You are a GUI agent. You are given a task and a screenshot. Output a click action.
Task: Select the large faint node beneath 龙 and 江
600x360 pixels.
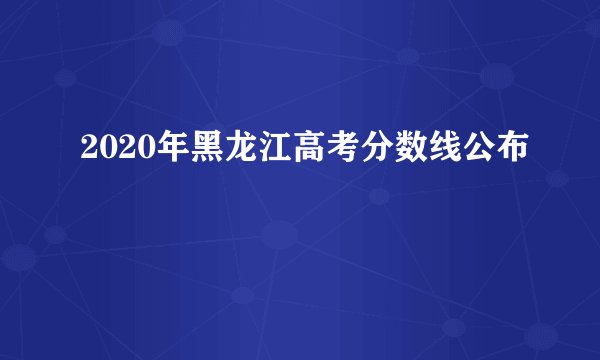279,235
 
